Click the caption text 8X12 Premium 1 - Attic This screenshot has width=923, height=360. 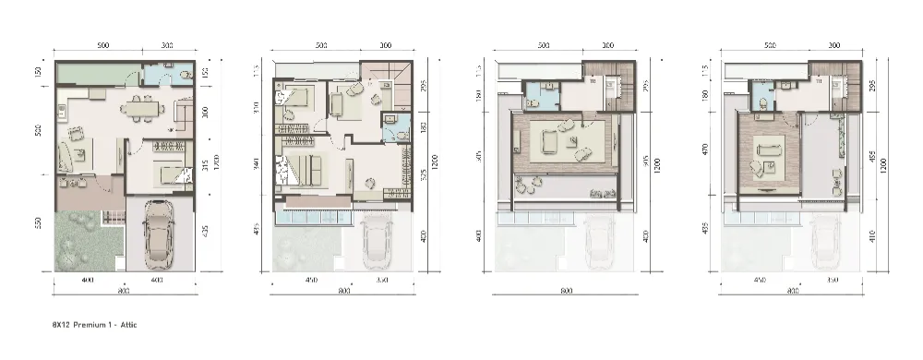tap(95, 326)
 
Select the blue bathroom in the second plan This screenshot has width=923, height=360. tap(391, 126)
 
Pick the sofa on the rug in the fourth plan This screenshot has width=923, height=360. tap(768, 148)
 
